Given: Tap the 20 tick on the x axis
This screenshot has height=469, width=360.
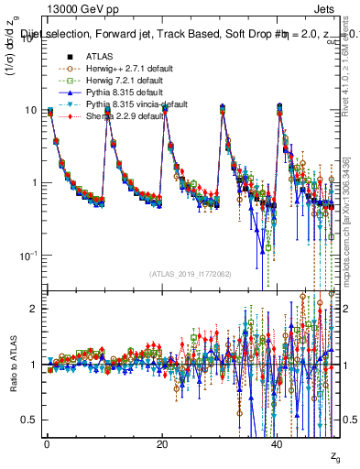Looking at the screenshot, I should pyautogui.click(x=162, y=443).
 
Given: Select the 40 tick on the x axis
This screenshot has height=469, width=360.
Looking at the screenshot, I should pyautogui.click(x=278, y=443).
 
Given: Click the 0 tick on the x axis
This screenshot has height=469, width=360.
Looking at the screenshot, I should pyautogui.click(x=47, y=443).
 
